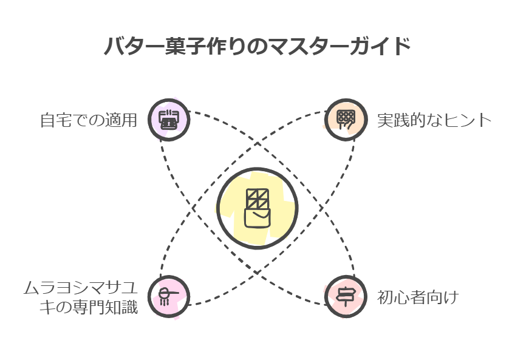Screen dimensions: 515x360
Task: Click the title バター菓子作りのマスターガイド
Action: [x=257, y=46]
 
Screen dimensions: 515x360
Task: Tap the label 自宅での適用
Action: [x=88, y=120]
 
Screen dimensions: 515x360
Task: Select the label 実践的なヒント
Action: [x=434, y=120]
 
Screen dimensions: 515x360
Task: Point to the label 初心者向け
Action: [x=418, y=297]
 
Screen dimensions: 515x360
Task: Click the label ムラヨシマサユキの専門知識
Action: [x=81, y=297]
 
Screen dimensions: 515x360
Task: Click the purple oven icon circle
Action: [x=169, y=120]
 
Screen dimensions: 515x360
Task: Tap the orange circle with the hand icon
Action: [x=346, y=120]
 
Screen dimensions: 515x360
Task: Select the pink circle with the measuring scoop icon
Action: [x=169, y=297]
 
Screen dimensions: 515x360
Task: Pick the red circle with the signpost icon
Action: [x=346, y=297]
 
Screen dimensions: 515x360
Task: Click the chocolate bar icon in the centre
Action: [x=257, y=208]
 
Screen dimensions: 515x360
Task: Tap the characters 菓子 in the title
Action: [x=183, y=46]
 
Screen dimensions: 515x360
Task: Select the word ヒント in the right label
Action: [x=467, y=120]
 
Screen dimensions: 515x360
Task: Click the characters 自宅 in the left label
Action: [x=56, y=120]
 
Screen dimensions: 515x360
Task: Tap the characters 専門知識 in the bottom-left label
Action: [x=105, y=308]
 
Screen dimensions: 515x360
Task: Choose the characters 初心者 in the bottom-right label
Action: [x=401, y=297]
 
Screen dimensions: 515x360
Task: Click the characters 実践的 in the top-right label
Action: [x=401, y=120]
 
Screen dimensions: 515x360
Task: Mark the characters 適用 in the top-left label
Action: [x=121, y=120]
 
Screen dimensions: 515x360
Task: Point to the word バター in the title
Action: [x=134, y=46]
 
